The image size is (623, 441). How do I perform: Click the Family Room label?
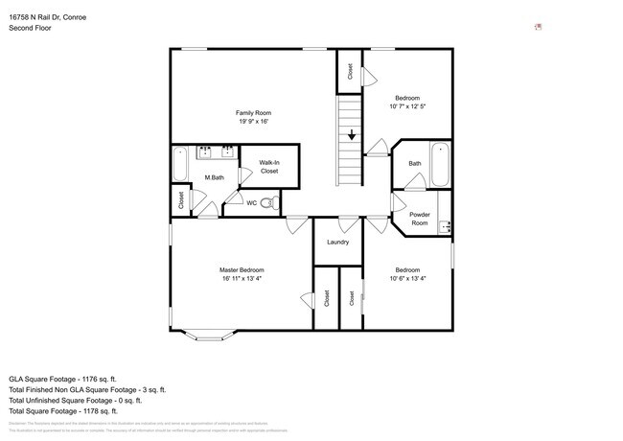[254, 113]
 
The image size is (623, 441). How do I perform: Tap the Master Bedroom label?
[242, 270]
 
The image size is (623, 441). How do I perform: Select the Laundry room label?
[337, 242]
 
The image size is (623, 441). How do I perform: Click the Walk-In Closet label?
[269, 167]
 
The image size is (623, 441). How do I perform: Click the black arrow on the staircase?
[352, 134]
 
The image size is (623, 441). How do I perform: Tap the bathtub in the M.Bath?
[180, 165]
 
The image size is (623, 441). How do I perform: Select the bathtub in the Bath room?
[439, 165]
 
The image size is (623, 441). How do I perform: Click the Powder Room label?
[419, 219]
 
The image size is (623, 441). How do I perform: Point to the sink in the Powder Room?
[444, 227]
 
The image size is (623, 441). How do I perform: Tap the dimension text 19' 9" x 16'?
[254, 122]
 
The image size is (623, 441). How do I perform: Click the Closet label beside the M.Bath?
[180, 200]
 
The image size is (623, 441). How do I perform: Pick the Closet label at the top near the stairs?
[350, 71]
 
